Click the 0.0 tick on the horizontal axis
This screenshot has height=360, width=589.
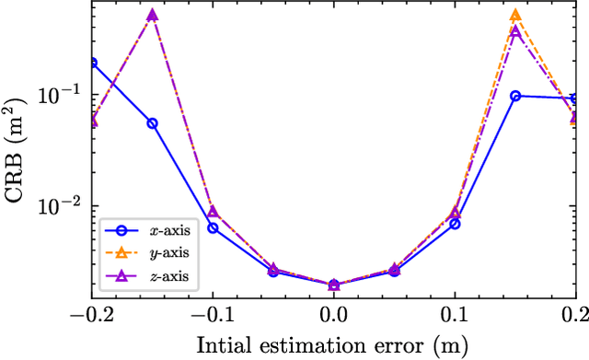(x=334, y=314)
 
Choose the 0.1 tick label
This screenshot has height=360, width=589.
(x=455, y=314)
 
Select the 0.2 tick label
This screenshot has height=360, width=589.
(x=575, y=314)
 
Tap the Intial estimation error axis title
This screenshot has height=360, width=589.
(x=333, y=344)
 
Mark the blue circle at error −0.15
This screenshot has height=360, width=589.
(x=153, y=123)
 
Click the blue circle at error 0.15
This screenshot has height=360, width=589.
(x=515, y=96)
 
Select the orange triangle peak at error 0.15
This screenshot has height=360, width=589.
(x=515, y=16)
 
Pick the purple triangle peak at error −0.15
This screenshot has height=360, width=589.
(x=153, y=16)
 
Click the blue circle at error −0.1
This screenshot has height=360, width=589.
(x=213, y=227)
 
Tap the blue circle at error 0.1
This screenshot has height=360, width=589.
(x=455, y=224)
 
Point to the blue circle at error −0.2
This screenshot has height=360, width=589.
(x=92, y=63)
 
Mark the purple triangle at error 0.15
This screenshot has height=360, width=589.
(x=515, y=31)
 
